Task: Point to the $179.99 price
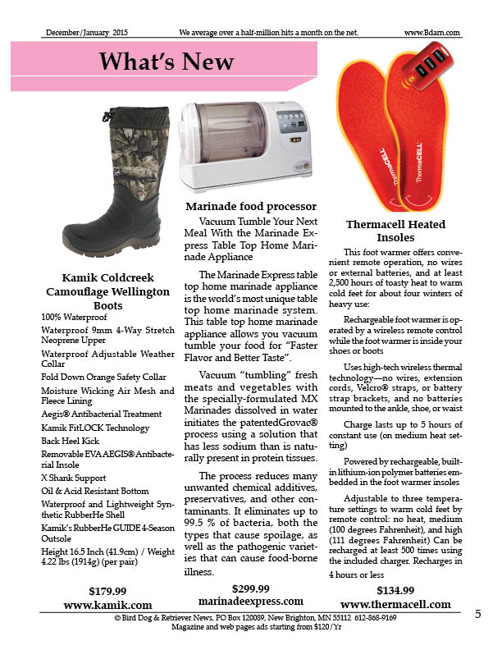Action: [107, 590]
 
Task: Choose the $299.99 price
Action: [251, 588]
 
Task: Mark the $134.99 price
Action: [395, 590]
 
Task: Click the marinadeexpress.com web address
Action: [251, 601]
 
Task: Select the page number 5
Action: [477, 616]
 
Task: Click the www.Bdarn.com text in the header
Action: [431, 33]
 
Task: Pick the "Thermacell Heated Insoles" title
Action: [395, 231]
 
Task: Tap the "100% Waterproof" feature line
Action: [74, 317]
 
